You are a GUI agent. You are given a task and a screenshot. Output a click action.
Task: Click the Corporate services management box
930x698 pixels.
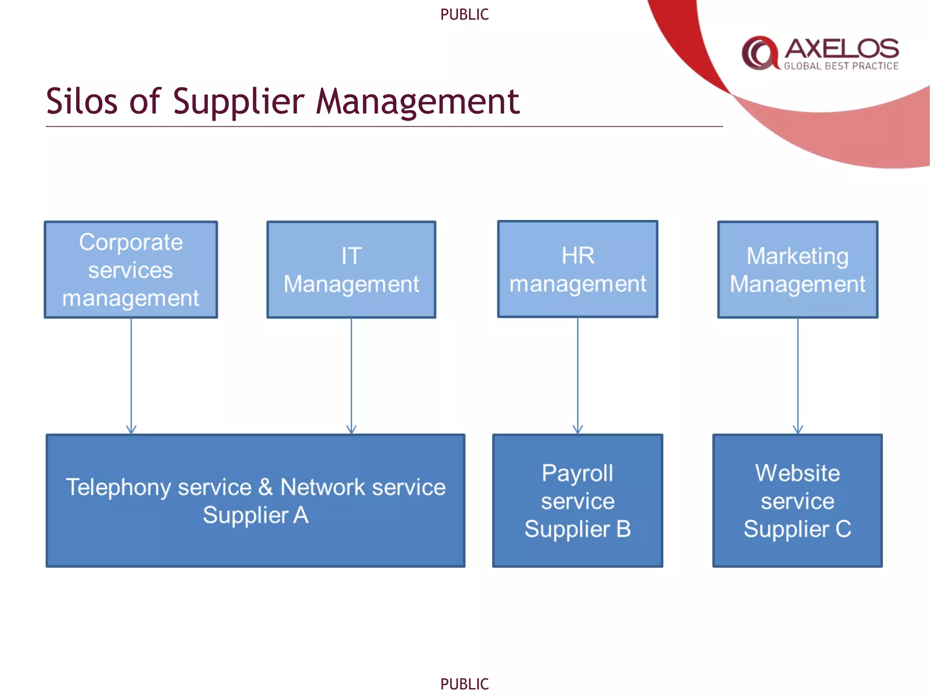[x=131, y=270]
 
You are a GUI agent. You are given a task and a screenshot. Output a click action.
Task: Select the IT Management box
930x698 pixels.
[x=351, y=270]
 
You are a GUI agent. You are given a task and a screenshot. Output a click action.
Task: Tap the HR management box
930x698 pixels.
[x=578, y=269]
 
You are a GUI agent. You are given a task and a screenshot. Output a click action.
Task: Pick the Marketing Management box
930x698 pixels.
[x=797, y=270]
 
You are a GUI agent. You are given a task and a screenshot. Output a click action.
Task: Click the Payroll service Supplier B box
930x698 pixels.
[x=578, y=501]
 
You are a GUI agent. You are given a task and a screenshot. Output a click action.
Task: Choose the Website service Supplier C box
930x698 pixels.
[x=797, y=501]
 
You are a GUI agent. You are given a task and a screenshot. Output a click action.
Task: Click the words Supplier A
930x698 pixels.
[x=256, y=515]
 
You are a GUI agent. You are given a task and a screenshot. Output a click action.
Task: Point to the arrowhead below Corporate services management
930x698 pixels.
[x=131, y=429]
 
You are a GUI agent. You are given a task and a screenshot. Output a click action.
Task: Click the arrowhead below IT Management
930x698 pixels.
[x=351, y=429]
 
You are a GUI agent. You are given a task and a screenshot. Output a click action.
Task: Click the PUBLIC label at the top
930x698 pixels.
[x=465, y=15]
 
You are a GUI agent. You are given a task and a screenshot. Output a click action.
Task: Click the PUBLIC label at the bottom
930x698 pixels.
[x=465, y=684]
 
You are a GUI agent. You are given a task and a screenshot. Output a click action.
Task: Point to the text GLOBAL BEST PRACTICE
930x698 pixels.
[x=841, y=66]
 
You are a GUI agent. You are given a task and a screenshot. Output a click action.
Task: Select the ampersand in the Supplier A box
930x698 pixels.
[x=266, y=487]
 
